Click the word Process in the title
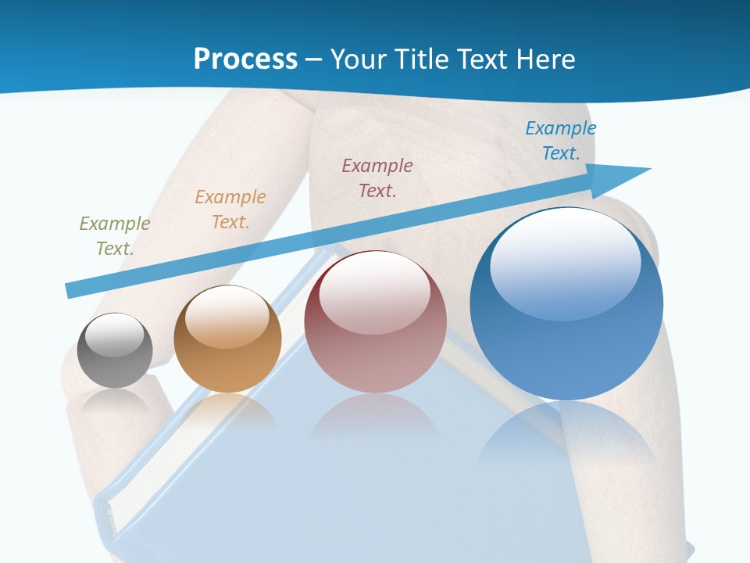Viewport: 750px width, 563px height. pyautogui.click(x=245, y=59)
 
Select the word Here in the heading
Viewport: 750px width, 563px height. pyautogui.click(x=545, y=59)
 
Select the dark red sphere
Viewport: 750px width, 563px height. pyautogui.click(x=375, y=321)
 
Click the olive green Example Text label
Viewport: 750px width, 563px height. pyautogui.click(x=115, y=235)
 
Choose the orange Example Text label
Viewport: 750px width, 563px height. pyautogui.click(x=230, y=209)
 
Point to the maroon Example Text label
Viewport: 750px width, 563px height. pyautogui.click(x=377, y=178)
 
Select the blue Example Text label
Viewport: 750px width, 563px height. pyautogui.click(x=561, y=140)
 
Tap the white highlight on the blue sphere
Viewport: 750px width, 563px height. pyautogui.click(x=565, y=264)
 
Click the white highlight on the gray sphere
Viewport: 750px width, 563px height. pyautogui.click(x=116, y=335)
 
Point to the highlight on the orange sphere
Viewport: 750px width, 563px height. pyautogui.click(x=227, y=316)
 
